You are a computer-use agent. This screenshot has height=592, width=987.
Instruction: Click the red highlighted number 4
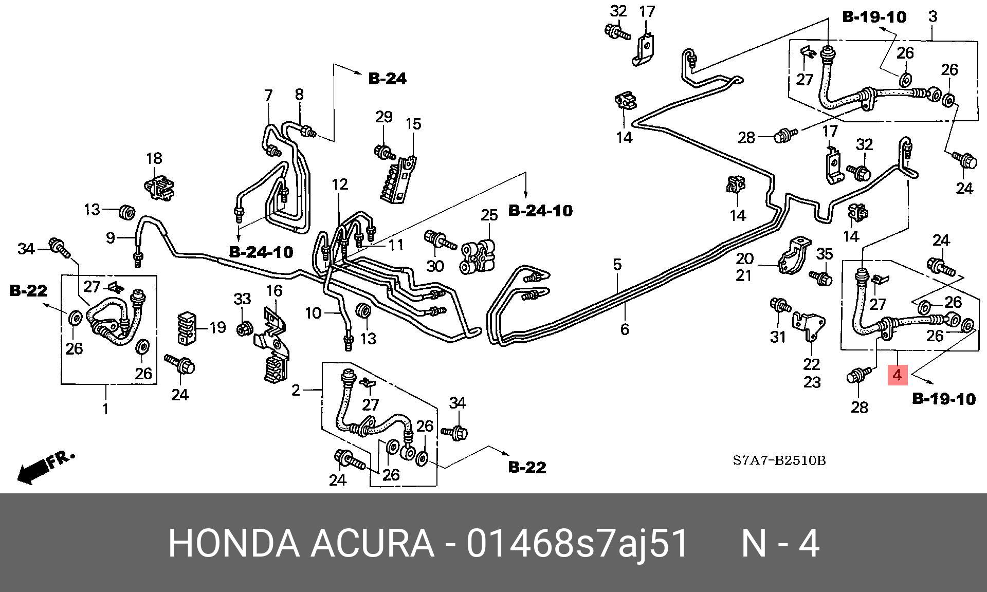click(x=898, y=375)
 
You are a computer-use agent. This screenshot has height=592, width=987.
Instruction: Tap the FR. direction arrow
click(x=45, y=467)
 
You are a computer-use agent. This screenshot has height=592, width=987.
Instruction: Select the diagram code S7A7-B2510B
click(x=779, y=460)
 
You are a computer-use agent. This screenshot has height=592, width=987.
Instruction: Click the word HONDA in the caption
click(x=234, y=544)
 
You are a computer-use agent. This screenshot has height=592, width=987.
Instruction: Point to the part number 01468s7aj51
click(x=577, y=544)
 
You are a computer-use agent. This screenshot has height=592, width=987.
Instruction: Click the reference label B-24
click(x=387, y=79)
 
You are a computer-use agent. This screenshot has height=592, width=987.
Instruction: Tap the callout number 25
click(x=489, y=215)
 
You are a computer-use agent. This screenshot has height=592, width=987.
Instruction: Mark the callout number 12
click(x=340, y=184)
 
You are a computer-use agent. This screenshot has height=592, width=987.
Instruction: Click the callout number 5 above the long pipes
click(x=617, y=265)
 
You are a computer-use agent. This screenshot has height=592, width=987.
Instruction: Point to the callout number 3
click(x=933, y=16)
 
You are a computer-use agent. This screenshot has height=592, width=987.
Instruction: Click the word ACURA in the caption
click(x=372, y=544)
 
